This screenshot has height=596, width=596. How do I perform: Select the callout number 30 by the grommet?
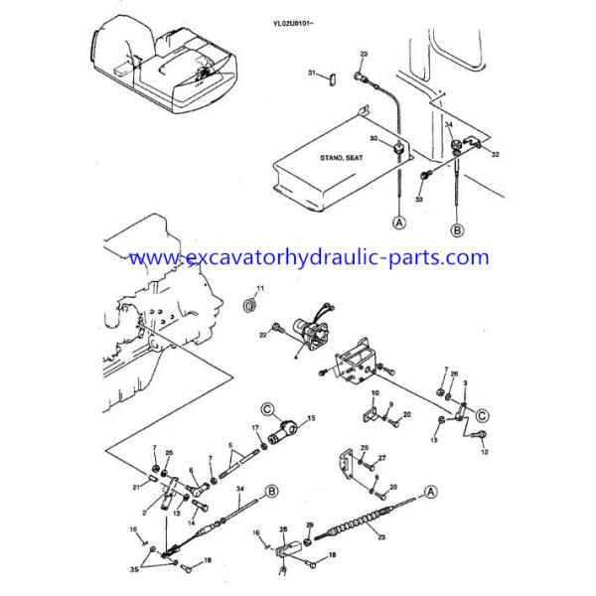point(374,138)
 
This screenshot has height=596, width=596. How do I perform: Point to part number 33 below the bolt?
point(419,201)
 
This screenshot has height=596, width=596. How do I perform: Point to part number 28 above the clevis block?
point(282,529)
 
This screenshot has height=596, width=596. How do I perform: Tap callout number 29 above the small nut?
point(309,524)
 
